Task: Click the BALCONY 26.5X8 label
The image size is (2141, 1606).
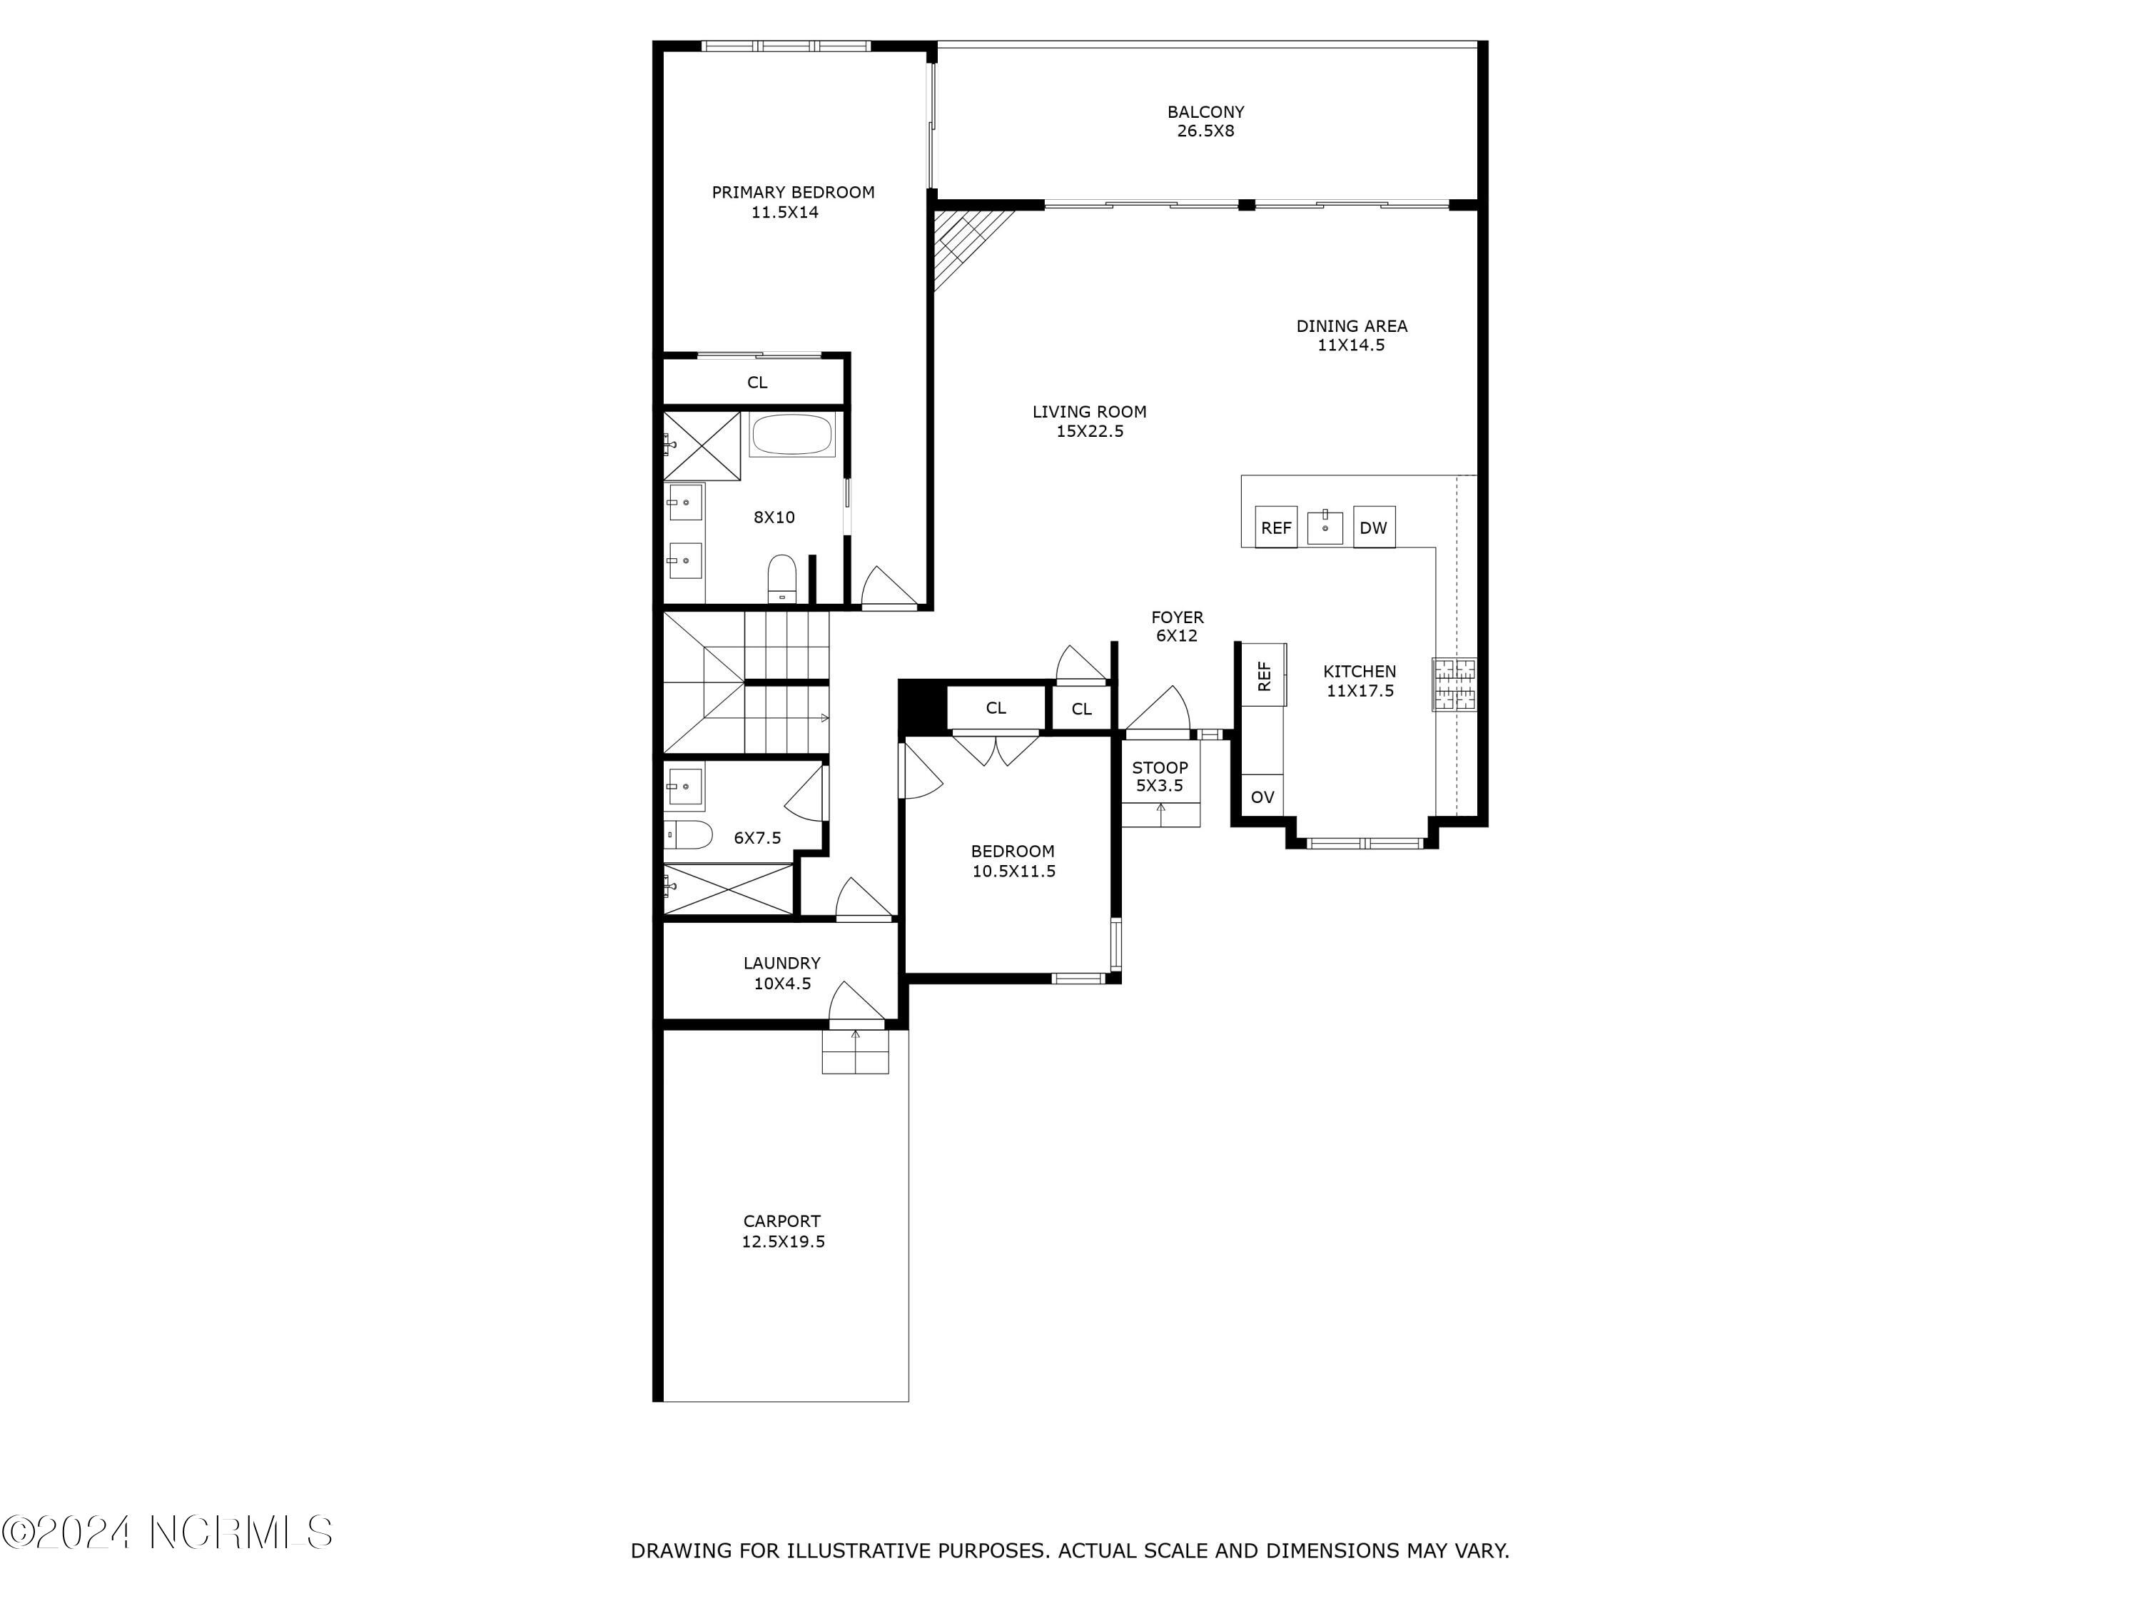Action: click(x=1205, y=122)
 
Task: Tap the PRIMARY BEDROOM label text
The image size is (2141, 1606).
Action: click(x=793, y=193)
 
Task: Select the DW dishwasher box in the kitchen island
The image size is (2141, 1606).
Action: click(x=1372, y=527)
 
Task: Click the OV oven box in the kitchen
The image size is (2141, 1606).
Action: click(x=1262, y=797)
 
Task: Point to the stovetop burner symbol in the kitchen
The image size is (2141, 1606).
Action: click(x=1454, y=685)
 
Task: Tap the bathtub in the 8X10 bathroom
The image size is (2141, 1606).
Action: click(x=791, y=435)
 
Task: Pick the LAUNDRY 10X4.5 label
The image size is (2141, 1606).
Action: click(x=782, y=973)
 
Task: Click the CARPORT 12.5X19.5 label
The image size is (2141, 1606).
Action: click(x=782, y=1231)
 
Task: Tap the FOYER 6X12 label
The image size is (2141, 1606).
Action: click(x=1177, y=626)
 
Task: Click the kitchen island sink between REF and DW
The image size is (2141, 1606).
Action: click(x=1324, y=527)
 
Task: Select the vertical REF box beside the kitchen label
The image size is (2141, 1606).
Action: click(x=1264, y=675)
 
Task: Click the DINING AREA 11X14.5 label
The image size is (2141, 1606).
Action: click(x=1351, y=335)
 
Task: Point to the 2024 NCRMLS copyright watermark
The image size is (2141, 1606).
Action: click(x=168, y=1532)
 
